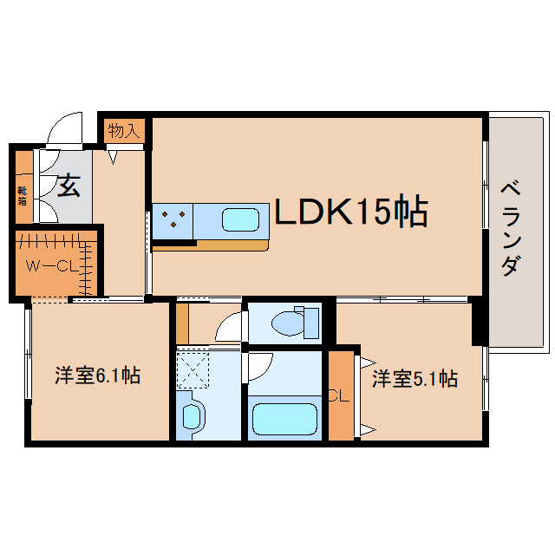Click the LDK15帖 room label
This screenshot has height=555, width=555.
(351, 211)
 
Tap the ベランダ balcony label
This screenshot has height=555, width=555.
(511, 228)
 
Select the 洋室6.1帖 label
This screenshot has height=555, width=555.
(98, 375)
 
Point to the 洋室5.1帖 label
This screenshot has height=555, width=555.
(415, 379)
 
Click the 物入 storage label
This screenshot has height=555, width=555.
(123, 131)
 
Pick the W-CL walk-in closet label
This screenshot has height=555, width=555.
(52, 266)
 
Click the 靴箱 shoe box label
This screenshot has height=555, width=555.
(23, 197)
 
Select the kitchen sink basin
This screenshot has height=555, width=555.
(240, 219)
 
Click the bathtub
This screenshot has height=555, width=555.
(285, 419)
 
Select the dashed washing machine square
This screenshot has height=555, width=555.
(193, 370)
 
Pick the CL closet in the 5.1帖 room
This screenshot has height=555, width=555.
(341, 395)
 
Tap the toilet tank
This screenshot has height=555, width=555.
(311, 323)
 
